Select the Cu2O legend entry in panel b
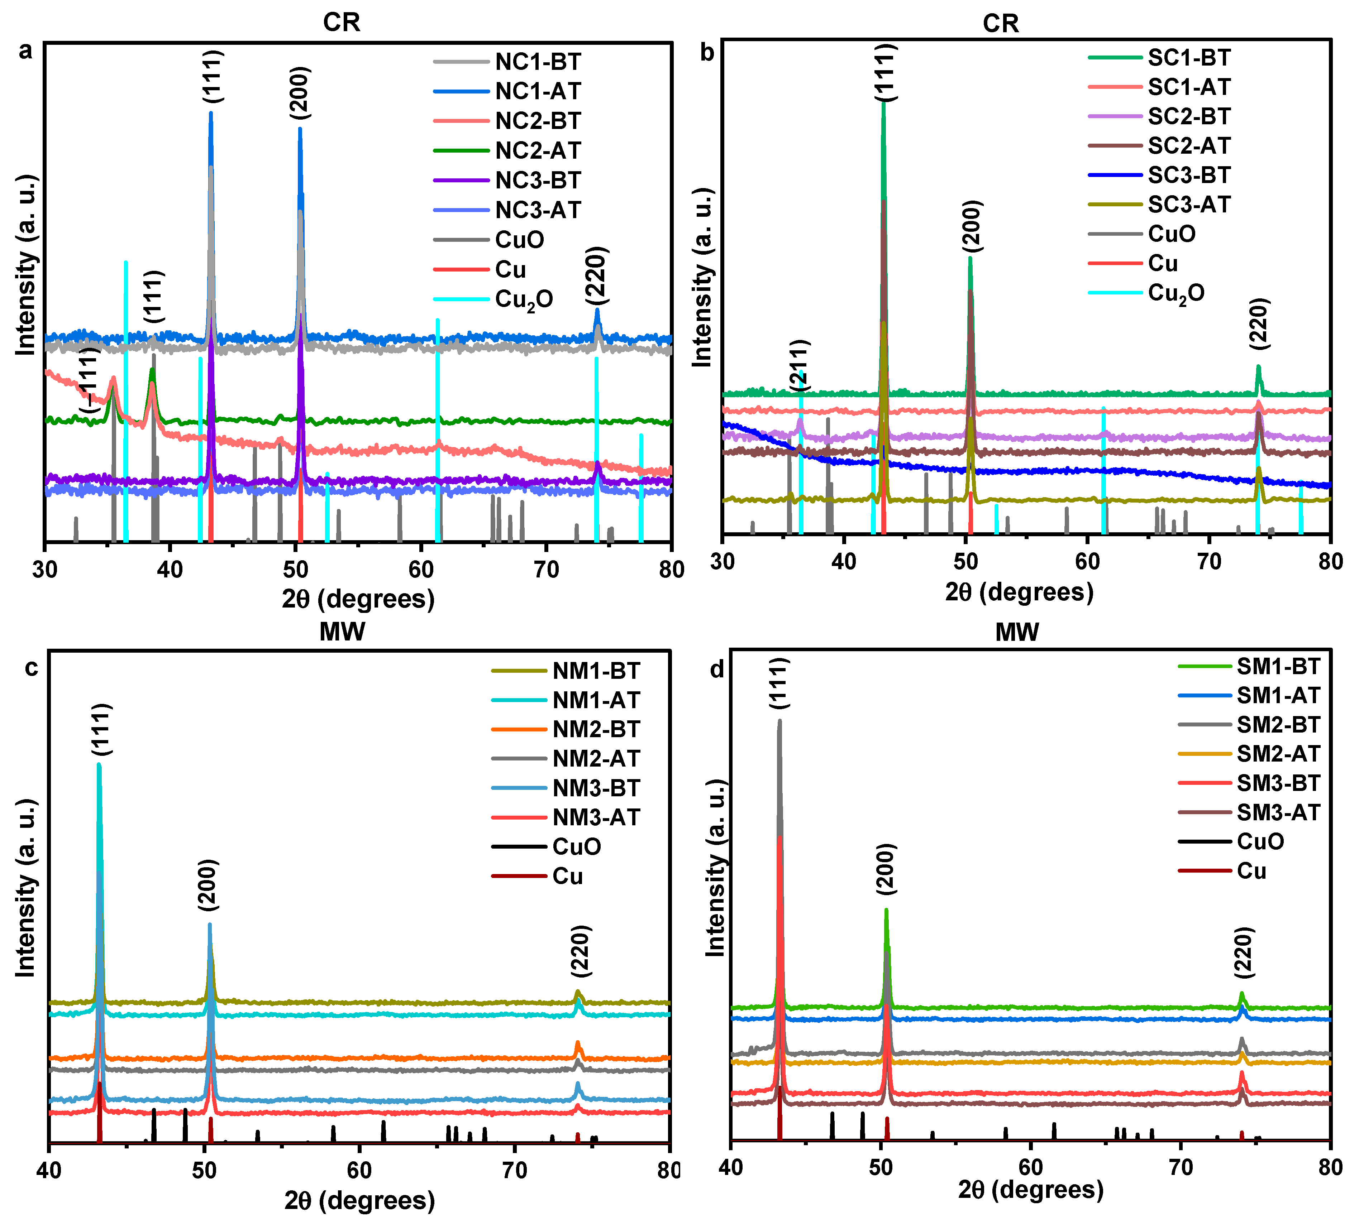click(1176, 293)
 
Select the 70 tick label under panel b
click(1209, 562)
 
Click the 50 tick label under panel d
click(881, 1166)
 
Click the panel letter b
click(706, 52)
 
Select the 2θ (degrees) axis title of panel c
click(359, 1200)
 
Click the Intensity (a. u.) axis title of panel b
click(702, 277)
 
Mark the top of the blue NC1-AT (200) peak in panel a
click(300, 129)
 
